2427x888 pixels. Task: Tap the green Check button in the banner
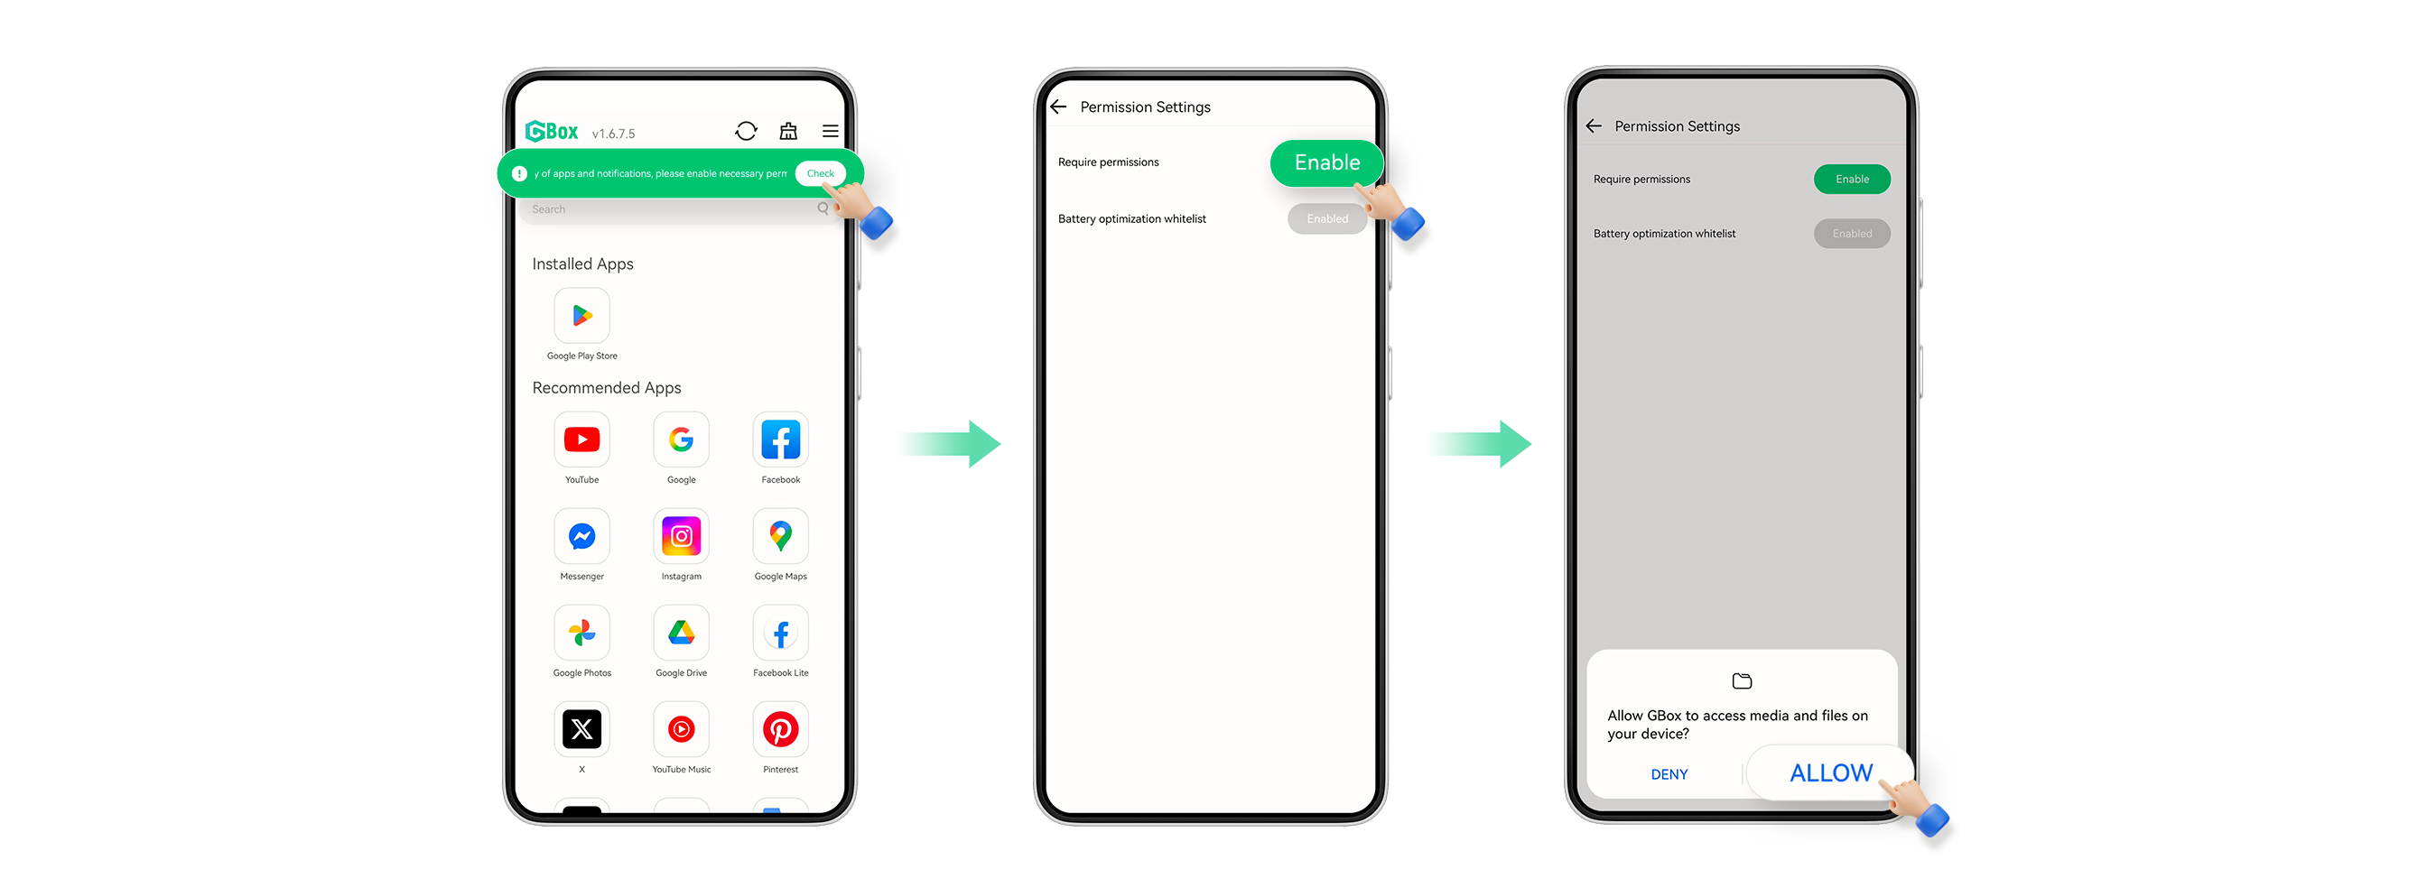pos(820,173)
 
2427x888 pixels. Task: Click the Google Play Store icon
pos(582,317)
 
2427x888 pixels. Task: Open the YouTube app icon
pos(582,439)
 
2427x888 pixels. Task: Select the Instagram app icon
pos(681,537)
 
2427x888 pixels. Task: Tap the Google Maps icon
pos(780,537)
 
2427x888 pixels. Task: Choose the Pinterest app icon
pos(780,730)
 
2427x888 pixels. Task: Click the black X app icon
pos(582,730)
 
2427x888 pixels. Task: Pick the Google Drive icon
pos(681,633)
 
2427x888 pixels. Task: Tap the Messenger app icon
pos(582,537)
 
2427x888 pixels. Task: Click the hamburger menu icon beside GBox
pos(830,132)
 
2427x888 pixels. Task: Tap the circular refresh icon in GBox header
pos(746,132)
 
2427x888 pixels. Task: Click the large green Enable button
pos(1326,163)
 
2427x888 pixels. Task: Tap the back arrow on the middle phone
pos(1059,107)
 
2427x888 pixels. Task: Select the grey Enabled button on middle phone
pos(1326,219)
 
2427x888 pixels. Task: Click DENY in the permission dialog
pos(1669,774)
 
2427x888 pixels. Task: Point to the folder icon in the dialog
pos(1741,680)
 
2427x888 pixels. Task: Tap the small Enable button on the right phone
pos(1851,180)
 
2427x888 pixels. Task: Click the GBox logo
pos(552,132)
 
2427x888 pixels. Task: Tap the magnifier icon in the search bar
pos(823,209)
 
